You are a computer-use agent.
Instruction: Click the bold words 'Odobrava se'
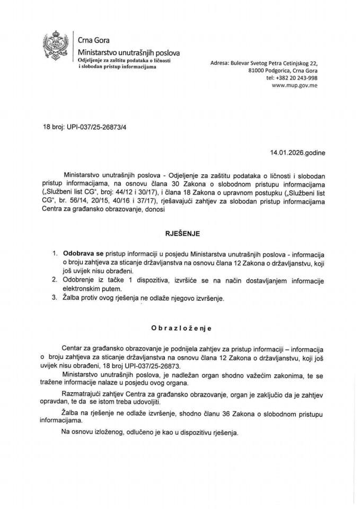pos(81,253)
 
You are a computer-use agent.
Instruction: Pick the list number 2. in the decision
pos(55,279)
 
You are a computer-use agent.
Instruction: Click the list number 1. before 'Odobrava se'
pos(55,253)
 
